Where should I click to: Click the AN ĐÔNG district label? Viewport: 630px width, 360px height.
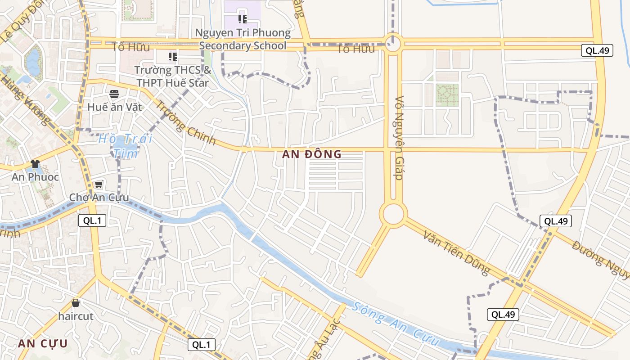(312, 154)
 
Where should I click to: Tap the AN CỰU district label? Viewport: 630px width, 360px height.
(43, 344)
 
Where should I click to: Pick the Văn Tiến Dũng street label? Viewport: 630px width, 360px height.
(456, 252)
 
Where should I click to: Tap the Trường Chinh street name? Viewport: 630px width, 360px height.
(185, 122)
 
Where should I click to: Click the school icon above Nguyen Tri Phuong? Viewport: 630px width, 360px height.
(243, 19)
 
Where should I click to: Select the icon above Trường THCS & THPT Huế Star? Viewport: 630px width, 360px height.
(173, 56)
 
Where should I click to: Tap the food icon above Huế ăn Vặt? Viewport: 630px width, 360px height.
(114, 94)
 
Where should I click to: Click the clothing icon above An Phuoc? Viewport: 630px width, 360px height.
(35, 163)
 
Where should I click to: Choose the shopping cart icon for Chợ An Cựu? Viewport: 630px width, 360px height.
(99, 184)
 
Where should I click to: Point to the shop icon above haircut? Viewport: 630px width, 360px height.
(76, 303)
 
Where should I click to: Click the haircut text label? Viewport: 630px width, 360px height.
(76, 316)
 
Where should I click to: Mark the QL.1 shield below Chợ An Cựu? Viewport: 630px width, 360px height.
(92, 220)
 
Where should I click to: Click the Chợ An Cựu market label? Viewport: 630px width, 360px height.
(99, 198)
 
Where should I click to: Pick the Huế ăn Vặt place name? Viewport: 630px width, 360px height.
(114, 107)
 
